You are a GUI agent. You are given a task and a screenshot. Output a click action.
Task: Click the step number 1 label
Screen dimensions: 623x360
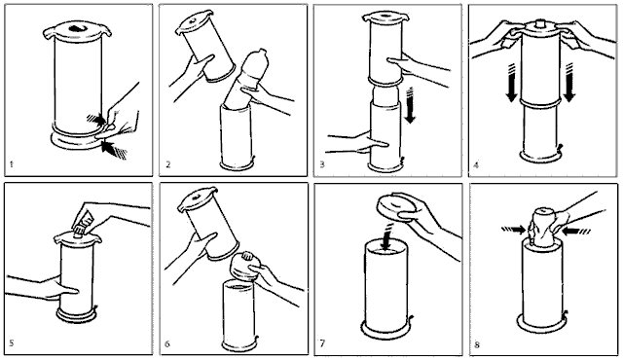(12, 164)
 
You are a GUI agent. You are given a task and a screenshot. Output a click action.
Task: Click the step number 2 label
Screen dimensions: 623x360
(168, 164)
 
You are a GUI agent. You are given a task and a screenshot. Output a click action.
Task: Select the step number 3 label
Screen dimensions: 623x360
(322, 164)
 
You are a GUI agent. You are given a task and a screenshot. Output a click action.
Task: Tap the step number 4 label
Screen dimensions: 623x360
(476, 164)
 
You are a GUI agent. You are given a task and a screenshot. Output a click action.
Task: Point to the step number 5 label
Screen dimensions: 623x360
(12, 342)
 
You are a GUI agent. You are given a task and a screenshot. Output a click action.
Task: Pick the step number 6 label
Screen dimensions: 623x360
(167, 343)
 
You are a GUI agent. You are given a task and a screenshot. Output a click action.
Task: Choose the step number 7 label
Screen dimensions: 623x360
(322, 342)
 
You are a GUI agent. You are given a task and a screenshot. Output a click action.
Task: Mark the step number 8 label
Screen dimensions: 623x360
(477, 344)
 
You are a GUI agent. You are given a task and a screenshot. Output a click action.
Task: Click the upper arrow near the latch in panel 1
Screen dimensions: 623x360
(96, 119)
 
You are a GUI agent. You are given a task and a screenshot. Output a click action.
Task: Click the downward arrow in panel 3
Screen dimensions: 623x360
(410, 105)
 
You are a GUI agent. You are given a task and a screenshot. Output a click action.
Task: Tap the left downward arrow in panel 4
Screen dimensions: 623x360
(511, 82)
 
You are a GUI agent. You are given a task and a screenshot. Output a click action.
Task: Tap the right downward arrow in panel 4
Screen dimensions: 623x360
(568, 82)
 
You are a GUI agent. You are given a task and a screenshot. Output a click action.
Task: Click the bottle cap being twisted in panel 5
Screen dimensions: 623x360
(80, 231)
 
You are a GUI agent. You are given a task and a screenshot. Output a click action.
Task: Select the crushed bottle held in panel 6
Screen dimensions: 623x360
(244, 267)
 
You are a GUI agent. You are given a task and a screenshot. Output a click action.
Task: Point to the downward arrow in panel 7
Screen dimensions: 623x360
(386, 237)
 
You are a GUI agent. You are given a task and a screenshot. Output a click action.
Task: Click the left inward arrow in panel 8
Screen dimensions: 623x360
(514, 230)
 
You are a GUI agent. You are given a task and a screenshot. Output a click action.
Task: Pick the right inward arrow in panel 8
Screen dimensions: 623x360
(576, 231)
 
